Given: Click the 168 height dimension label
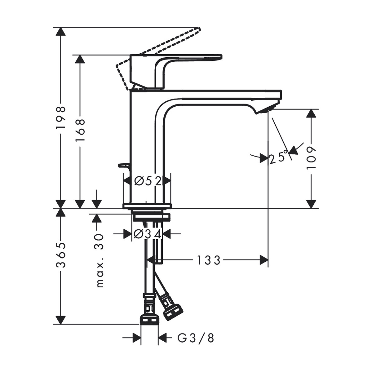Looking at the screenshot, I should coord(80,130).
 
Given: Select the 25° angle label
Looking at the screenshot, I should coord(278,157).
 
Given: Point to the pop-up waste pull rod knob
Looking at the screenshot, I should coord(123,165).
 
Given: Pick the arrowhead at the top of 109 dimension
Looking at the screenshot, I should coord(311,113).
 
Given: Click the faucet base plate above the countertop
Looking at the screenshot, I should coord(147,206).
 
